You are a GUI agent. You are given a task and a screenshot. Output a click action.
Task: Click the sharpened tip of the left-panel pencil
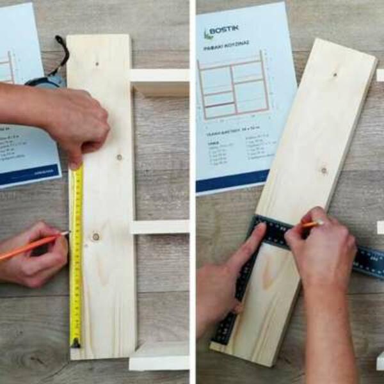(67, 234)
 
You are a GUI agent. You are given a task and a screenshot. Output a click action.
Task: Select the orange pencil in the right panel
(312, 224)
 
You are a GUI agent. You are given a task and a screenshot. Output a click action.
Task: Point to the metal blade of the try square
(358, 259)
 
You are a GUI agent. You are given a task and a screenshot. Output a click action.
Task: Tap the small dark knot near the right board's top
(334, 75)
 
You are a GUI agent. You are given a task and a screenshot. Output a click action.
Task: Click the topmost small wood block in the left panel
(159, 82)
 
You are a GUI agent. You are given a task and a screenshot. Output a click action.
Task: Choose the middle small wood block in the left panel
(160, 227)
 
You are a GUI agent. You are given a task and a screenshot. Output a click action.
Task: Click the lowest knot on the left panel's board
(96, 237)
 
